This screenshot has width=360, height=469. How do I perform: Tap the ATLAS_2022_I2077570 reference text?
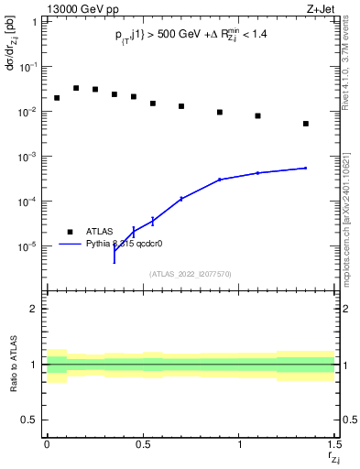pyautogui.click(x=191, y=274)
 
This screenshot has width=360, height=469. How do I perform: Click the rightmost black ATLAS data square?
pyautogui.click(x=306, y=124)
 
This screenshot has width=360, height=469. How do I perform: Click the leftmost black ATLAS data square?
pyautogui.click(x=57, y=98)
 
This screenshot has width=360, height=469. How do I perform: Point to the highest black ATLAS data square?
pyautogui.click(x=76, y=89)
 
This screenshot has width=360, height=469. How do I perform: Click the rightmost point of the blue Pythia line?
pyautogui.click(x=306, y=168)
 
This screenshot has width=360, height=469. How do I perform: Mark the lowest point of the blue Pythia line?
pyautogui.click(x=115, y=262)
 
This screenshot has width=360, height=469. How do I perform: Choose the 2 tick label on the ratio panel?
pyautogui.click(x=35, y=310)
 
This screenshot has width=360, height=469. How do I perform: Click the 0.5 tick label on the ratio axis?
pyautogui.click(x=31, y=420)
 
